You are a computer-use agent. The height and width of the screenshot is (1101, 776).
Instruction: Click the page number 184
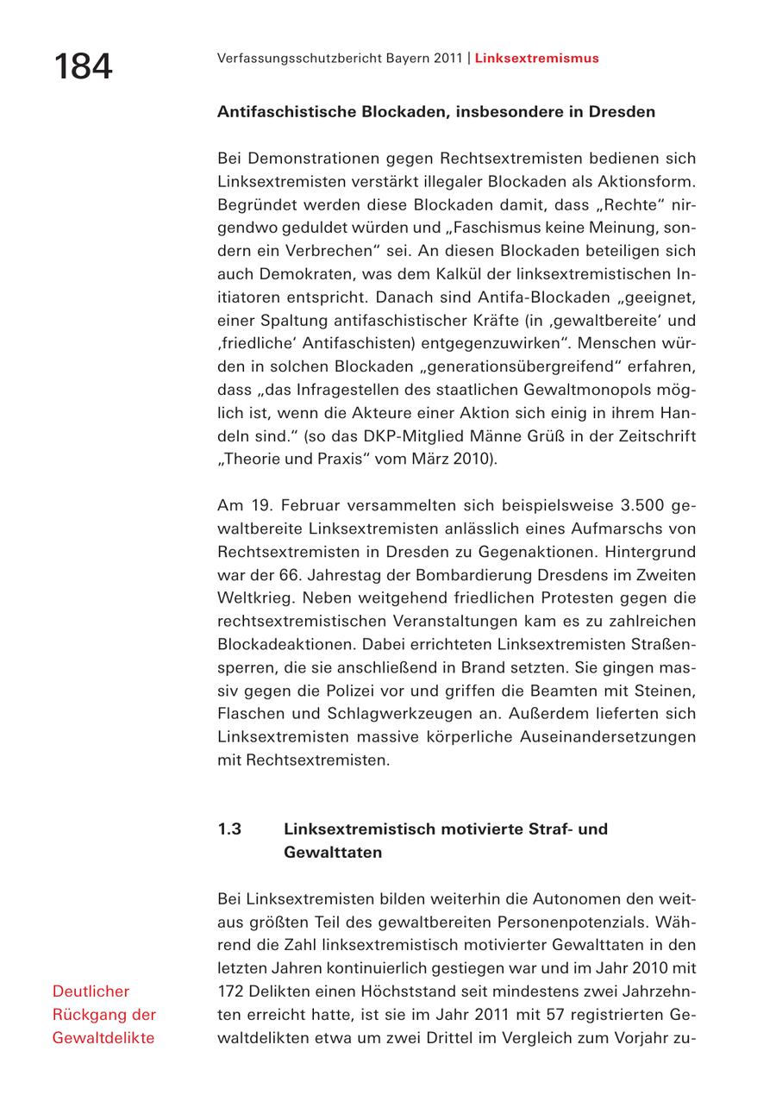coord(83,66)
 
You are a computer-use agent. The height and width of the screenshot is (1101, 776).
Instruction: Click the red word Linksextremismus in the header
coord(536,59)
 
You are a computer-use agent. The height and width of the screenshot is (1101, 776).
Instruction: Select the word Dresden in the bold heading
coord(622,112)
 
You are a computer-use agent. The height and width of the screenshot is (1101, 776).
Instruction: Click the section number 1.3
coord(229,829)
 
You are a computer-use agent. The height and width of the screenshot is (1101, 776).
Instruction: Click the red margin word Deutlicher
coord(91,992)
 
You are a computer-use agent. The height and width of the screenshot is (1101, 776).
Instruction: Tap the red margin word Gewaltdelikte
coord(103,1038)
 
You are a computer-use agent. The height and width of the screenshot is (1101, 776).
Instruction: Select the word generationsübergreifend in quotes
coord(498,366)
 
